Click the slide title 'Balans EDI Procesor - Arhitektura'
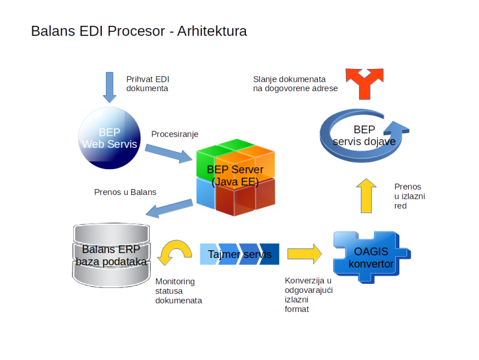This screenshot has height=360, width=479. click(139, 31)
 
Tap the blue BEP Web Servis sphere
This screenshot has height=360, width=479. click(110, 138)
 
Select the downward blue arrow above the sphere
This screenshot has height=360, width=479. click(110, 88)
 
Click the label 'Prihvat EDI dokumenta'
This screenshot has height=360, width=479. click(148, 84)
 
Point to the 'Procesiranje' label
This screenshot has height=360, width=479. click(174, 134)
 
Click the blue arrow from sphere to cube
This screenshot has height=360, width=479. click(168, 153)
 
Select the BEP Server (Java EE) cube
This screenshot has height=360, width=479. click(236, 178)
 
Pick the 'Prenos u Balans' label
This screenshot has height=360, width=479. click(125, 192)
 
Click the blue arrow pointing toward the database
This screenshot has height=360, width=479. click(170, 208)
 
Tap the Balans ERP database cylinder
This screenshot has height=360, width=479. click(111, 255)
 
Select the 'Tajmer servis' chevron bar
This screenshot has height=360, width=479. click(240, 254)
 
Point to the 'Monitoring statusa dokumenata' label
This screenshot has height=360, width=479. click(179, 291)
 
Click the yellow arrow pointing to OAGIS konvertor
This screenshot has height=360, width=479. click(305, 254)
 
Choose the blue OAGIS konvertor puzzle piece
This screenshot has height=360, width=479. click(372, 257)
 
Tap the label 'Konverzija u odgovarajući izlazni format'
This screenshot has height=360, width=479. click(309, 295)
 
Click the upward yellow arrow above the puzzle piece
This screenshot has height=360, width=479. click(366, 196)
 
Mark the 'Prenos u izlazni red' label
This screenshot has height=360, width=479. click(409, 196)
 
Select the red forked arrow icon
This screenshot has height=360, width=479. click(364, 84)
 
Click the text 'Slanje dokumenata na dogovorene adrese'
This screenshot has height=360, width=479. click(296, 84)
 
